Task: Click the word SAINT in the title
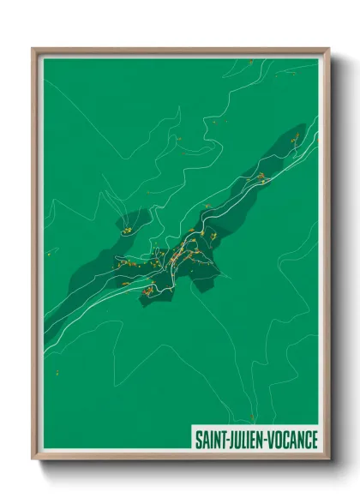[x=210, y=439]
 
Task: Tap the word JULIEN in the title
[x=247, y=439]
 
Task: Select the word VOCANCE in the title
[x=292, y=439]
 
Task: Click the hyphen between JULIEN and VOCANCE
[x=267, y=440]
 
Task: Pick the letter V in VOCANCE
[x=273, y=439]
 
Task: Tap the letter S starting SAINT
[x=198, y=439]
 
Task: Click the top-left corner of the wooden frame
[x=33, y=49]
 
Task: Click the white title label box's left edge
[x=190, y=439]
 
